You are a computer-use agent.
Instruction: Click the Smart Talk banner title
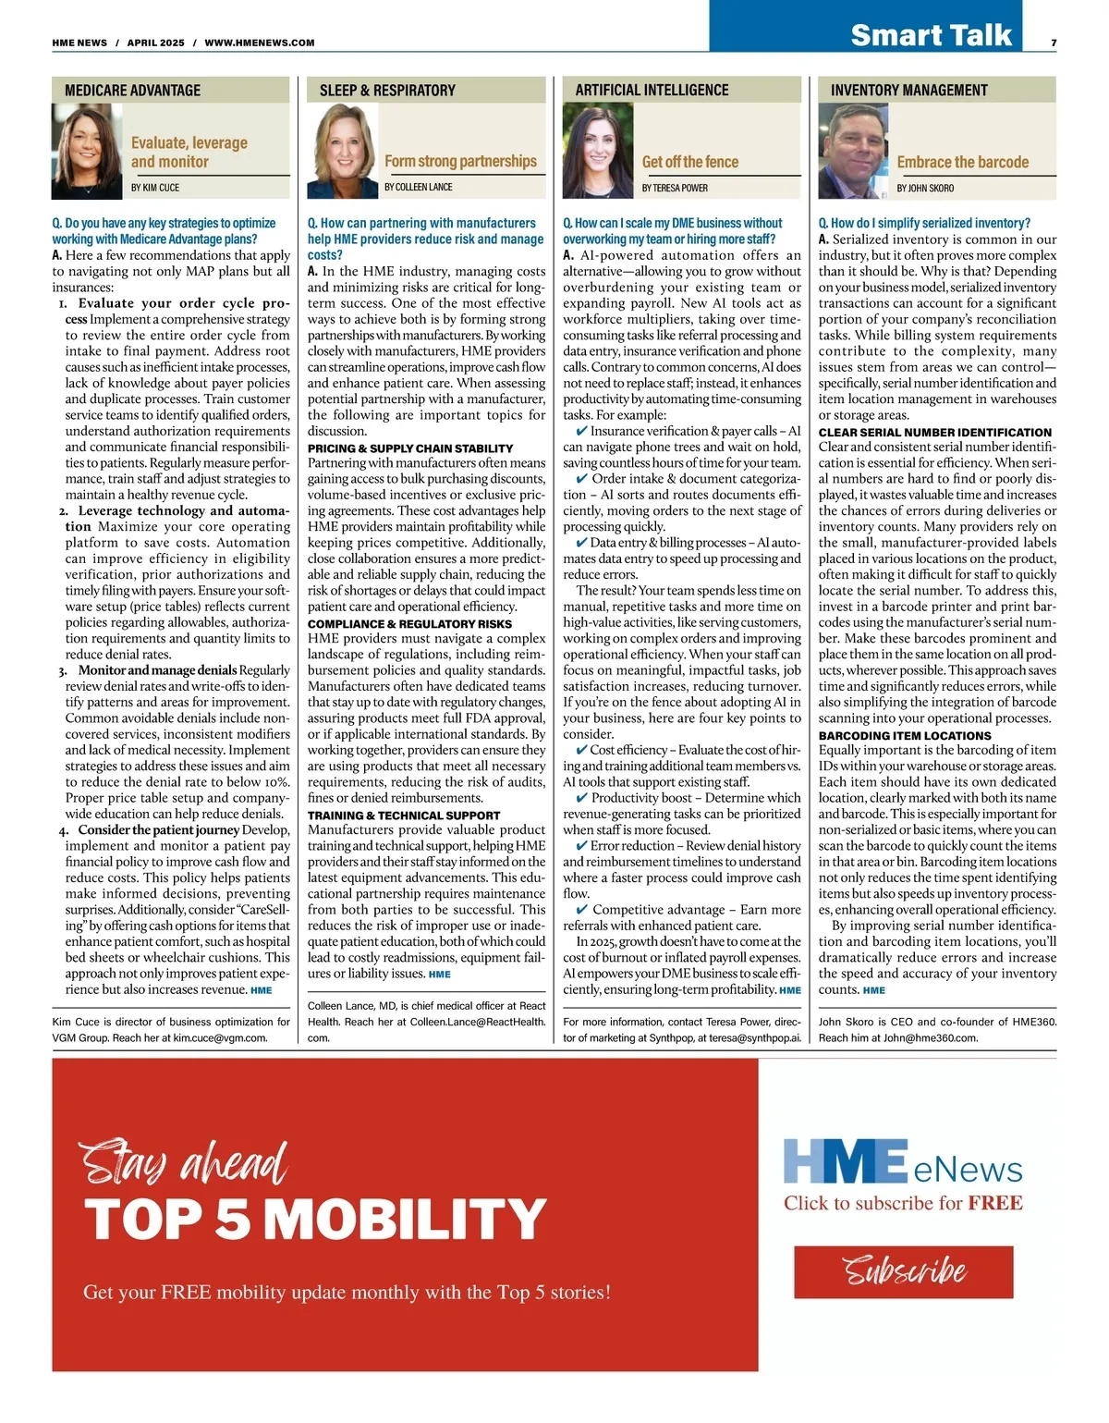931,35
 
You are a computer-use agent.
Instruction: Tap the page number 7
1054,43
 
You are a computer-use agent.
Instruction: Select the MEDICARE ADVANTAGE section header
133,91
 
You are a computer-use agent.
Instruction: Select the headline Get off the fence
690,162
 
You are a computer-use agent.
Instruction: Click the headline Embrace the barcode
962,162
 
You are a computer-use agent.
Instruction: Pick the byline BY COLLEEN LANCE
419,187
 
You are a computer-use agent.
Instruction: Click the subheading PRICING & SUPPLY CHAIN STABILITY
410,448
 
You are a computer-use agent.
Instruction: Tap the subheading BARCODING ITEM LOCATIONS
905,736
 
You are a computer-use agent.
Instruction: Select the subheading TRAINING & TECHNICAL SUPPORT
404,816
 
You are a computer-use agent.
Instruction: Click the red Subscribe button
903,1271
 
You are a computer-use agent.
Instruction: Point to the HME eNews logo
903,1162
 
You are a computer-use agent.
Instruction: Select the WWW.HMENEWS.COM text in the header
260,43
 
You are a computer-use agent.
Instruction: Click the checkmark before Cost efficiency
582,750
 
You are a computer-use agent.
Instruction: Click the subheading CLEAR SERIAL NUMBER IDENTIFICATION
934,433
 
